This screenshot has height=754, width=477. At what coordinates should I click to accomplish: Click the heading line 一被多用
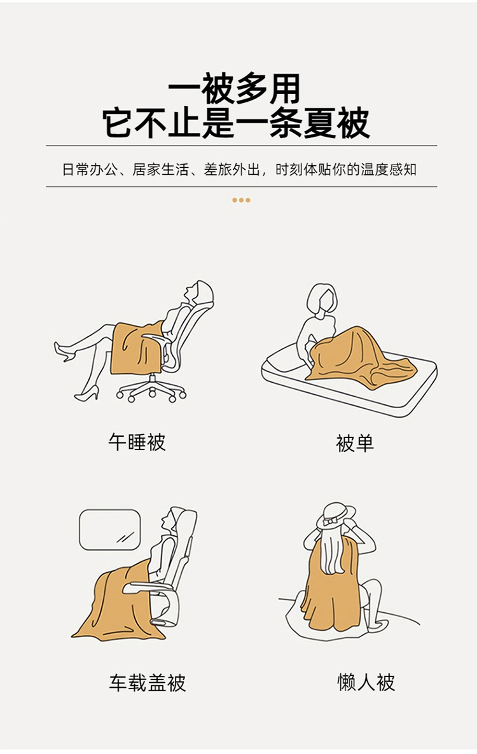click(x=234, y=90)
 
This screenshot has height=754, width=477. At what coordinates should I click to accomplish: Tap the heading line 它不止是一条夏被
click(x=236, y=123)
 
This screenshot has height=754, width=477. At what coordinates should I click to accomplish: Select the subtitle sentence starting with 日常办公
click(x=240, y=169)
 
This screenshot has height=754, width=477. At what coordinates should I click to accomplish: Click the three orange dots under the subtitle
click(x=242, y=200)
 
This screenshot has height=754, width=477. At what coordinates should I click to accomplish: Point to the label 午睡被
click(x=137, y=441)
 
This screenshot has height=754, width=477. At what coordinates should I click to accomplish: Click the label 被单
click(x=355, y=443)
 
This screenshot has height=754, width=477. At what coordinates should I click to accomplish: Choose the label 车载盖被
click(x=147, y=682)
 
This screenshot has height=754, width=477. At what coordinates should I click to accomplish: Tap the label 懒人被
click(x=366, y=682)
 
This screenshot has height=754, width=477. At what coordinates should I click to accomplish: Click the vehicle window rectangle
click(x=110, y=530)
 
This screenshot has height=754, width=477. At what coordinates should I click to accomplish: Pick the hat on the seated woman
click(x=336, y=516)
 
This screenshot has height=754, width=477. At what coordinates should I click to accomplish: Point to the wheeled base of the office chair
click(x=151, y=388)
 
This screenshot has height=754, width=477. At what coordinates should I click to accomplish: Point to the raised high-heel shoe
click(x=64, y=350)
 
